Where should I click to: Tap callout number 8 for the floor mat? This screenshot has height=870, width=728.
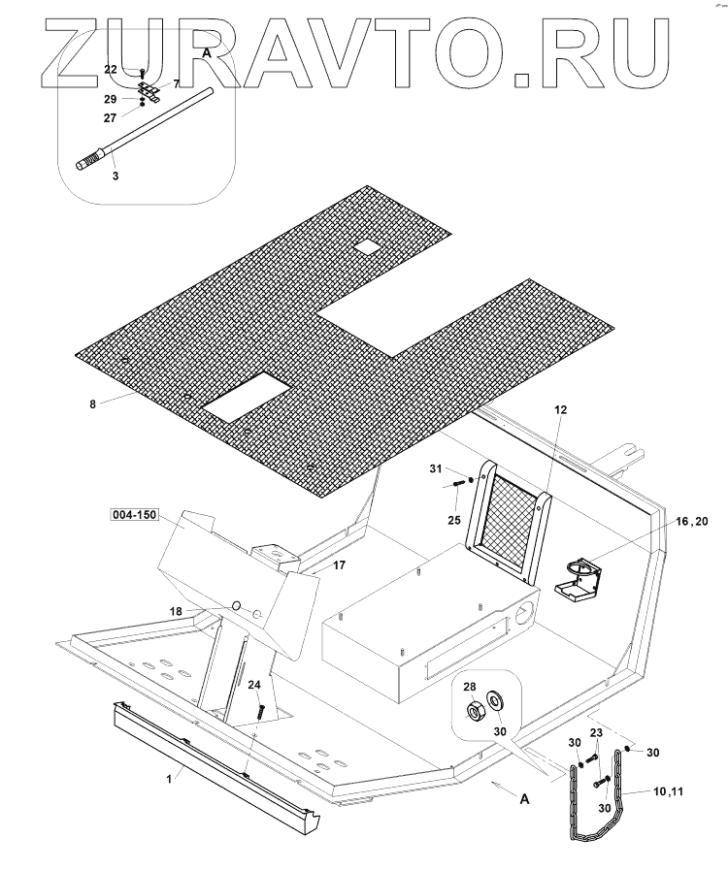pos(92,403)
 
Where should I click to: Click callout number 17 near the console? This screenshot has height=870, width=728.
pos(340,564)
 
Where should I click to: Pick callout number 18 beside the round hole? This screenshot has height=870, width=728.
pos(203,611)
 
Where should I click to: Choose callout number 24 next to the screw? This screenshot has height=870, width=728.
pos(253,685)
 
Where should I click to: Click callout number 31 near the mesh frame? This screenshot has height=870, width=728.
pos(436,469)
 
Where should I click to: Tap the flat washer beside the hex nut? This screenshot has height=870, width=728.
pos(498,700)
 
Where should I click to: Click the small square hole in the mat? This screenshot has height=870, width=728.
pos(367,247)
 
